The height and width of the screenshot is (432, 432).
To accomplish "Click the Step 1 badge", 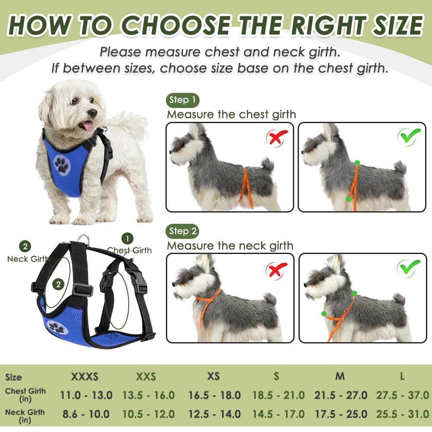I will (x=182, y=100).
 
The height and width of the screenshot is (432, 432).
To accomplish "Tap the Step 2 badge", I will (x=182, y=231).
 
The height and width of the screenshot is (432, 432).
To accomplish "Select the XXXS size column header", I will (x=85, y=376).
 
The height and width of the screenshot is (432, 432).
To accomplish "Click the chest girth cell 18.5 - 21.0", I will (x=278, y=395).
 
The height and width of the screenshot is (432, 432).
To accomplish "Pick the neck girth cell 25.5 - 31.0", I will (x=402, y=414).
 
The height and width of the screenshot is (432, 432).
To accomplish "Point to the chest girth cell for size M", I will (x=341, y=395).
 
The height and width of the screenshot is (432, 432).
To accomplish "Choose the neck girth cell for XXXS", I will (x=86, y=414).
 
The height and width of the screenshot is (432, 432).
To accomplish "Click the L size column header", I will (x=402, y=376).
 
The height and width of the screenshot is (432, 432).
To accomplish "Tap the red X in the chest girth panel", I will (x=277, y=138).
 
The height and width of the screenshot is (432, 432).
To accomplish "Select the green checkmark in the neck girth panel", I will (x=408, y=267).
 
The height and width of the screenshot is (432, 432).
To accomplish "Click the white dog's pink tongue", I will (x=89, y=126).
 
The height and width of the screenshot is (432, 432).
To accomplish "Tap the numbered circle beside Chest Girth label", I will (x=127, y=238).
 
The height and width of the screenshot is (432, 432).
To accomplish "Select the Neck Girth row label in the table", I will (x=25, y=415).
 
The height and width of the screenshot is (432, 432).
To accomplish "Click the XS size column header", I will (x=213, y=376).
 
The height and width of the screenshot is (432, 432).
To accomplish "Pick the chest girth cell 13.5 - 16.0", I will (x=149, y=395).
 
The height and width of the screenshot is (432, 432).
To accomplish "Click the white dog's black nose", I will (x=92, y=113).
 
